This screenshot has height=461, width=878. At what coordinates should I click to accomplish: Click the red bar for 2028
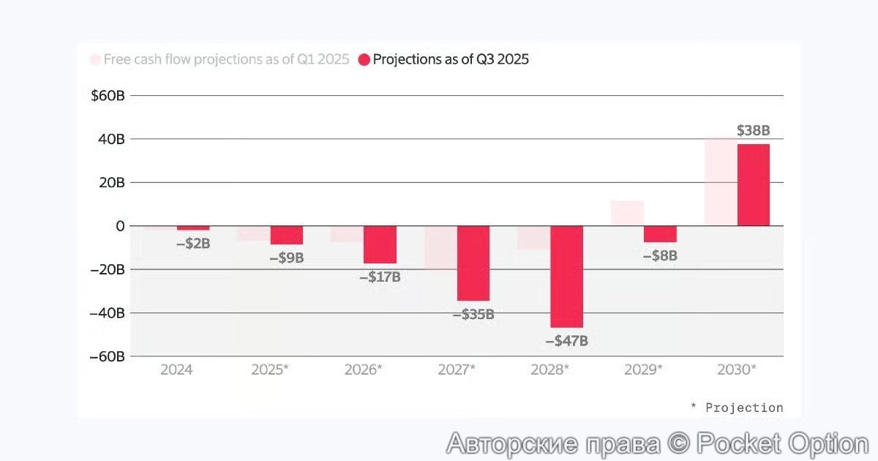point(567,277)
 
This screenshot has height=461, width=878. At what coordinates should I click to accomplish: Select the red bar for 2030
point(754,185)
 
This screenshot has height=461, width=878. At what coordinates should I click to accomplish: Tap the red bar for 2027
point(473,263)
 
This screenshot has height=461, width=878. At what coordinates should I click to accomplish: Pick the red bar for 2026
point(380,244)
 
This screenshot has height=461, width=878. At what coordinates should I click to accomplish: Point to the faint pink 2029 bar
point(627,213)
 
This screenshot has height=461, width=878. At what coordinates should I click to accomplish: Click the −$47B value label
point(567,341)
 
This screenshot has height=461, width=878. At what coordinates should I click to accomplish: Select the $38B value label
point(753,131)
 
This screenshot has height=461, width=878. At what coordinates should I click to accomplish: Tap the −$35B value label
point(473,315)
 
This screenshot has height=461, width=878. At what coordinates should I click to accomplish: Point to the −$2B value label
point(193,244)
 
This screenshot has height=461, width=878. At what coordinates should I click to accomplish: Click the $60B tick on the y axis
point(108,96)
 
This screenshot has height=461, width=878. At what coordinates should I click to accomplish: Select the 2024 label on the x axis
point(176,370)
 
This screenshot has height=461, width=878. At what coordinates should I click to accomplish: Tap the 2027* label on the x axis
point(457,370)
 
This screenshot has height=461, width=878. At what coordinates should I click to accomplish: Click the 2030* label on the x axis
point(737,370)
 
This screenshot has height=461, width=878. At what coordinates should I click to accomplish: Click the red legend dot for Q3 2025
point(364,60)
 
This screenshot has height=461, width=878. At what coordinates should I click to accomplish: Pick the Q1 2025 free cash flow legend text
point(226,60)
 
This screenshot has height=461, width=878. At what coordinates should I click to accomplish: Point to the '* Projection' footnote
point(737,408)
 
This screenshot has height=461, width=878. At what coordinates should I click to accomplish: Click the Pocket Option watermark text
point(657,443)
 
